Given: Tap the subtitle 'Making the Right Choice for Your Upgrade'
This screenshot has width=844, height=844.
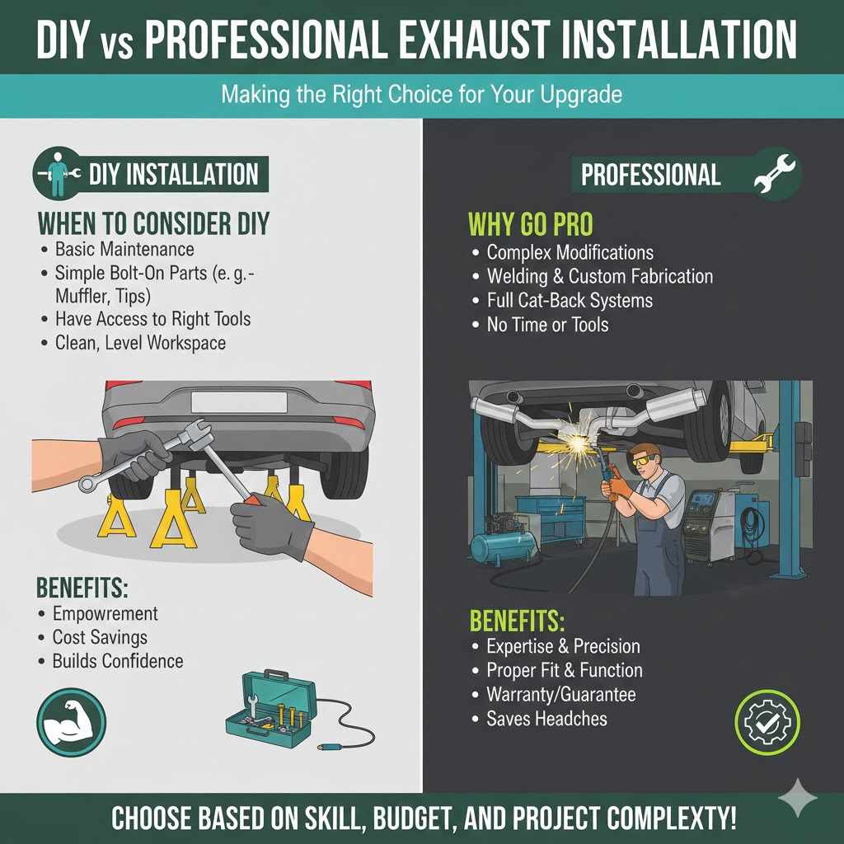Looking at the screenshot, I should [421, 94].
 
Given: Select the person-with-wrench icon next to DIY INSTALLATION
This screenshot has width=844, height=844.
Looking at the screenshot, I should [59, 175].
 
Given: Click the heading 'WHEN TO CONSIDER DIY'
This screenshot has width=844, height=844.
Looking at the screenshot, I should [152, 223].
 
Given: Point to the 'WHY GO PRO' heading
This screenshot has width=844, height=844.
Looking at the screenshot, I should [530, 223].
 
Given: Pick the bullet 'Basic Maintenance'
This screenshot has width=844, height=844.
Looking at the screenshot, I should [124, 249].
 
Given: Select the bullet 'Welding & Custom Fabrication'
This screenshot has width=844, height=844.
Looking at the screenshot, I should [600, 277].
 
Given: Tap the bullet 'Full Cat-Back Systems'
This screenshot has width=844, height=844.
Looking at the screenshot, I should [570, 301].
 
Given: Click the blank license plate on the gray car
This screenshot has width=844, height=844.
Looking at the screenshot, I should [239, 402].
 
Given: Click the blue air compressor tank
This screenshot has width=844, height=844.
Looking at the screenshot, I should [501, 548].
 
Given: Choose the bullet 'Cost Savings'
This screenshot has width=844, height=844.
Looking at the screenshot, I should [100, 637].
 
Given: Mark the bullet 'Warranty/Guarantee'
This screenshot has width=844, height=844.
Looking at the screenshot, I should [560, 695].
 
